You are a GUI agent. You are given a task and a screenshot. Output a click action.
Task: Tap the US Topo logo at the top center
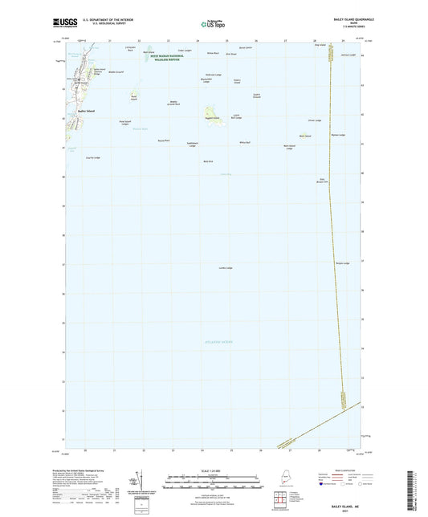pos(212,26)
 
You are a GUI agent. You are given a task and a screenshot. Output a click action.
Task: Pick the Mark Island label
pos(304,136)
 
